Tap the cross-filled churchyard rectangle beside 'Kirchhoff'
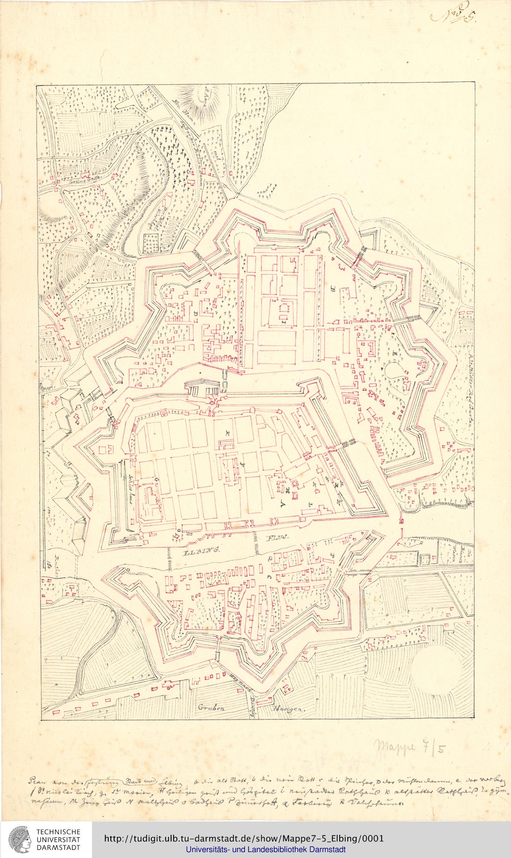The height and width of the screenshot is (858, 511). click(x=151, y=244)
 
